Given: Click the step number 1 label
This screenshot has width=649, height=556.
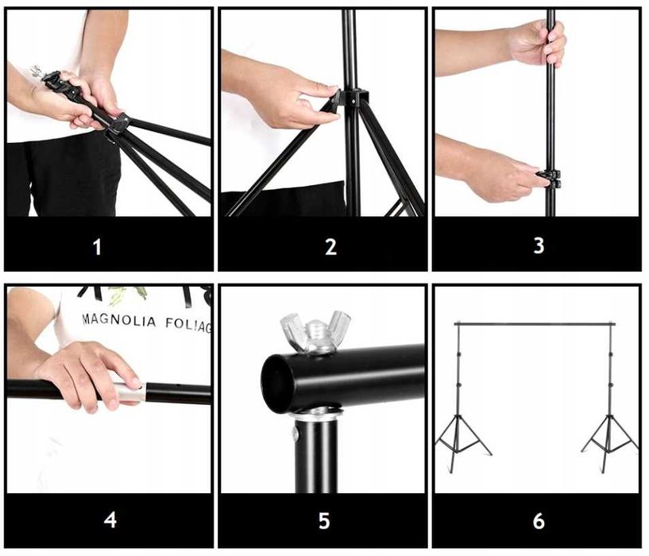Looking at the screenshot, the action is pos(97,247).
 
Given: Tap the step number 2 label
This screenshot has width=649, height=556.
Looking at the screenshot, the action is pos(330,246).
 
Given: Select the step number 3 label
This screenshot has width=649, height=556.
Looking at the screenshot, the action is pos(539,245).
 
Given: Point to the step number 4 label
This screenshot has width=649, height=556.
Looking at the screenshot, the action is pos(110,520).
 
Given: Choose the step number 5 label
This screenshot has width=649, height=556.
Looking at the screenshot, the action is pos(324,520).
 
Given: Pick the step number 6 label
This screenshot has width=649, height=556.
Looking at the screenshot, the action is pos(539,521).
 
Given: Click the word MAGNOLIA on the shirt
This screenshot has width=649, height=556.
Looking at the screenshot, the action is pos(120,320).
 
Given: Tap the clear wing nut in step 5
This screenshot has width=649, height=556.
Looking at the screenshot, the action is pos(315,331).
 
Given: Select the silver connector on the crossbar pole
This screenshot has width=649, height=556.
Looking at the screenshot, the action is pos(129,392).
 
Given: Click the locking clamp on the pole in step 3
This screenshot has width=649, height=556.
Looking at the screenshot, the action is pos(549,179).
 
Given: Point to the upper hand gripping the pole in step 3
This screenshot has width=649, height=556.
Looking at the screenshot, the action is pos(537,44).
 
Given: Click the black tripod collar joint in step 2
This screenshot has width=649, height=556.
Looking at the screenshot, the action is pos(351,99).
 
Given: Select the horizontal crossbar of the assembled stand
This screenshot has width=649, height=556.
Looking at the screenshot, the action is pos(535,324).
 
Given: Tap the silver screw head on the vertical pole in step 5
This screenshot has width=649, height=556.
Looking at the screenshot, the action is pos(296,433).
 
